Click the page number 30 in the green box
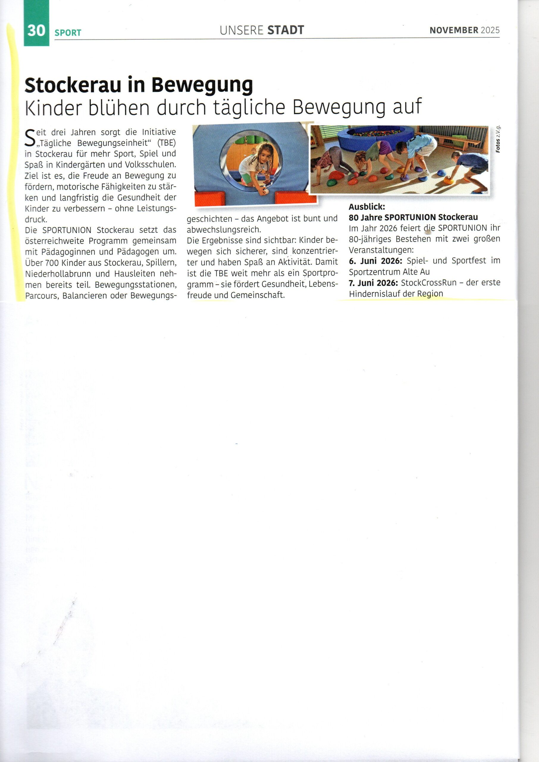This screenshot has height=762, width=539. (36, 31)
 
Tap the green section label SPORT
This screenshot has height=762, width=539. (68, 32)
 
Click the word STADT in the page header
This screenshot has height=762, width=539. (286, 30)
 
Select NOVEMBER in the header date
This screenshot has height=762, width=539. (454, 30)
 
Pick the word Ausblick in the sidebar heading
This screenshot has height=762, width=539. (366, 207)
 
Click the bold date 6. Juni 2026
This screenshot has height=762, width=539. (375, 261)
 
